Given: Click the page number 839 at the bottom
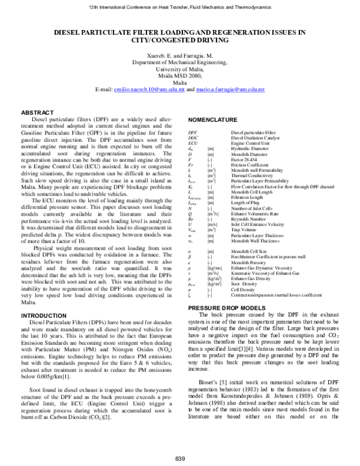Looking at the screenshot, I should click(180, 459).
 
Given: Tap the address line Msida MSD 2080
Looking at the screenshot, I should click(180, 76).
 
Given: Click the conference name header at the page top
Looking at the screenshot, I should click(180, 5).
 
